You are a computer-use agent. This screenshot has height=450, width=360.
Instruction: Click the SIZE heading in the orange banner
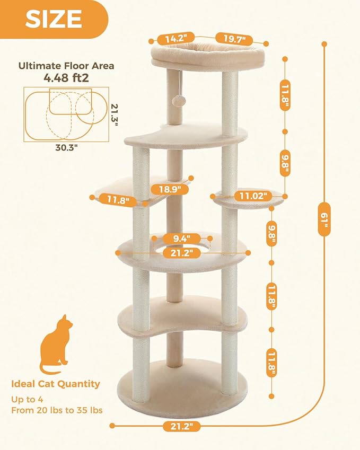[54, 20]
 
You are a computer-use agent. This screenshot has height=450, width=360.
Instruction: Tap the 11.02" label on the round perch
[250, 195]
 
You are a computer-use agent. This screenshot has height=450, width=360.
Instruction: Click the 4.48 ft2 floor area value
[66, 78]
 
